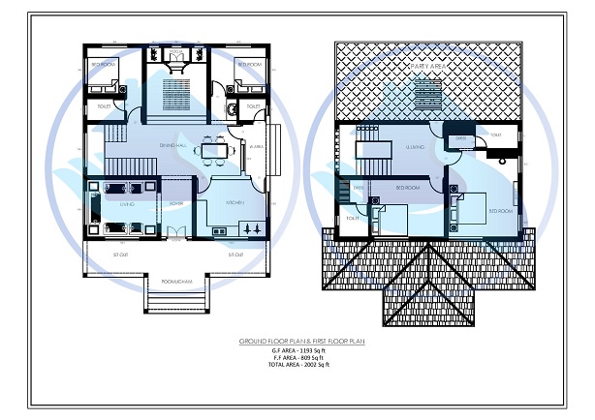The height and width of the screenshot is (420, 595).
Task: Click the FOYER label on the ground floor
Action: coord(176,204)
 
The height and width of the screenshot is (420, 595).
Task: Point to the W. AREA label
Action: coord(257,146)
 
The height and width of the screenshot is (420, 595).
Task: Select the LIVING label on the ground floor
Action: coord(126,205)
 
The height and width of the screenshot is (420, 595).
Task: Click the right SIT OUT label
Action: coord(235,255)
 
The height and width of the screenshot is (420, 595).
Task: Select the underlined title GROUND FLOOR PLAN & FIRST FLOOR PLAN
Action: coord(297,342)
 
